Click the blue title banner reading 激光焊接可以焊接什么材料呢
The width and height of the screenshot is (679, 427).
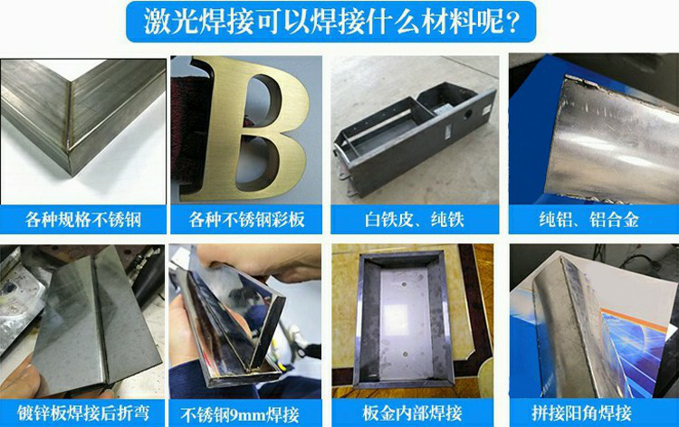(330, 22)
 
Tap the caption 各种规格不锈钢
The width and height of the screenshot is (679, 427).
(83, 220)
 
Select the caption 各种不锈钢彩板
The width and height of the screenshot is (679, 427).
(246, 220)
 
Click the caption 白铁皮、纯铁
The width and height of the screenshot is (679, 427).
(415, 220)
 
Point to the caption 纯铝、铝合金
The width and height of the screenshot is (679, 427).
(589, 220)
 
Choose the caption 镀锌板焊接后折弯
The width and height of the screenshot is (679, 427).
(83, 413)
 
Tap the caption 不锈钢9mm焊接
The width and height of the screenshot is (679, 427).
(240, 415)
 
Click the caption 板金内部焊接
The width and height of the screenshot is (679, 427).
(412, 413)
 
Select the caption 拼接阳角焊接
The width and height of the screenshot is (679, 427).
(581, 413)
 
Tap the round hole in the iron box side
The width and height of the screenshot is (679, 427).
(468, 114)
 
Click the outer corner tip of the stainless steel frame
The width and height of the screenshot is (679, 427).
(72, 175)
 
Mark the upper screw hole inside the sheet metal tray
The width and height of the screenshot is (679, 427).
(404, 285)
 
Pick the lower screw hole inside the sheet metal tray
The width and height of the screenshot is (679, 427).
(406, 354)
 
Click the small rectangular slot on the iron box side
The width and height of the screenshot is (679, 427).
(448, 131)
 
